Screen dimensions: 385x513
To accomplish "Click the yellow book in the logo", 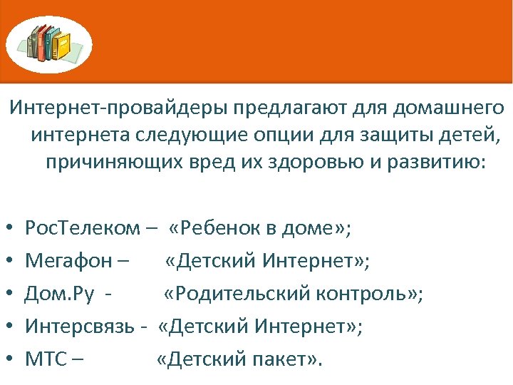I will pos(63,45).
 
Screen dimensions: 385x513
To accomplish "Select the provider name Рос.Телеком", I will pos(83,229).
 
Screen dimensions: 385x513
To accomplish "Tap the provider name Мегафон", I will pos(68,262).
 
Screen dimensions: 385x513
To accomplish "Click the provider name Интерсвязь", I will pos(79,327).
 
